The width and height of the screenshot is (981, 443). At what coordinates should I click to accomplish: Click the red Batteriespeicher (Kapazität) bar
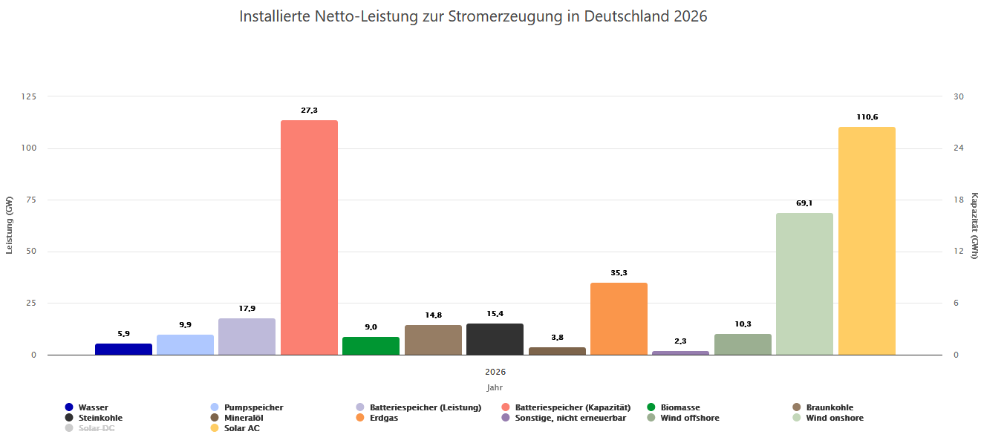tap(309, 237)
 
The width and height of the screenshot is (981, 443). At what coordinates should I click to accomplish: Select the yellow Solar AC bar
tap(867, 241)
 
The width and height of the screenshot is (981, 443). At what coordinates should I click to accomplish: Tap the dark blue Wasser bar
tap(123, 349)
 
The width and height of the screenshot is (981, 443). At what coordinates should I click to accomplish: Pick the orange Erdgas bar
tap(619, 319)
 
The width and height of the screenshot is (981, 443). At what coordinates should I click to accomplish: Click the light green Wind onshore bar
tap(804, 284)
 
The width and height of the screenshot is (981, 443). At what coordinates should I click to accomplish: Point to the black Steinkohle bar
tap(495, 339)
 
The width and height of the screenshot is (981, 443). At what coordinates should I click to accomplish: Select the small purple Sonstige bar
tap(680, 352)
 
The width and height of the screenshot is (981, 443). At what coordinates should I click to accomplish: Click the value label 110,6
tap(867, 117)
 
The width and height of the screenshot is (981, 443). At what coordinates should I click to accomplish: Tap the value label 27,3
tap(309, 111)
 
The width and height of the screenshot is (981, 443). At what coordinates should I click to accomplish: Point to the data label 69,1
tap(804, 203)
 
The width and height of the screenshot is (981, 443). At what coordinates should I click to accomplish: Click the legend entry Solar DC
tap(96, 428)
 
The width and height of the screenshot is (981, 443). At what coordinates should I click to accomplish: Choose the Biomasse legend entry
tap(679, 407)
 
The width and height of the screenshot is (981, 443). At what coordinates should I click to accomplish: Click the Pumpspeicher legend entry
tap(253, 407)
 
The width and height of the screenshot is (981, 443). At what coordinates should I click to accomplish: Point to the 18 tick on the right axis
tap(958, 200)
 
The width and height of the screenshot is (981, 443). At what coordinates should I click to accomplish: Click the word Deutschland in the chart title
tap(628, 16)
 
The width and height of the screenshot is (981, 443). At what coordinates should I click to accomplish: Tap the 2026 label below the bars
tap(495, 372)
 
